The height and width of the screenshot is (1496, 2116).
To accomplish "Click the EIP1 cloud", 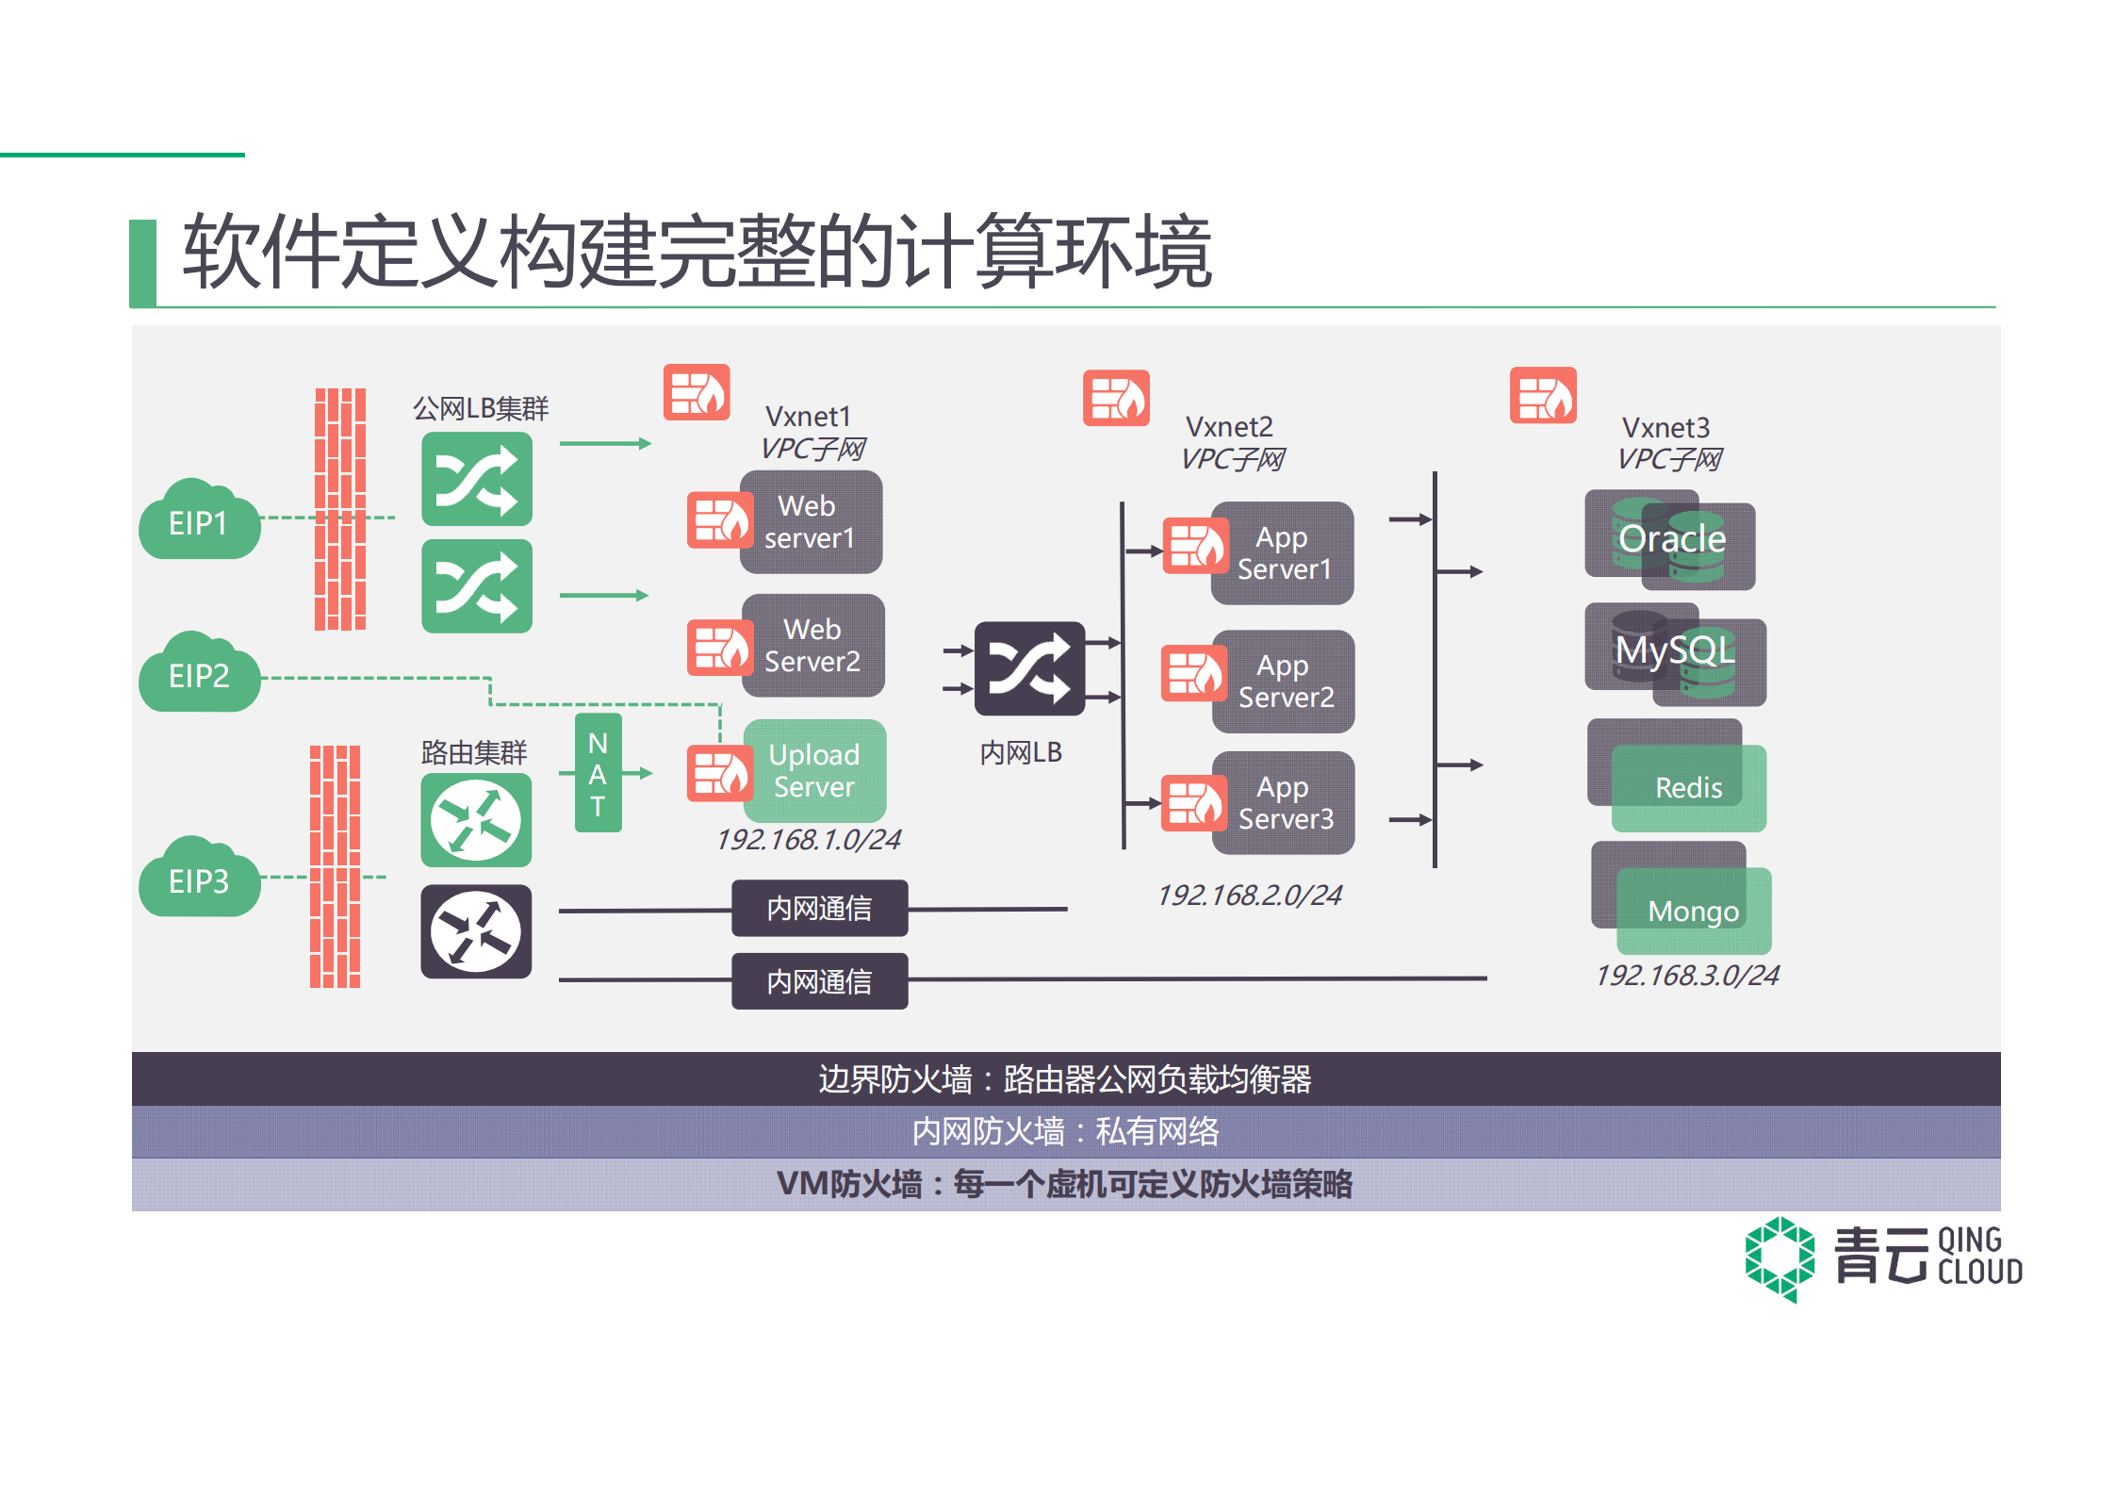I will [x=199, y=522].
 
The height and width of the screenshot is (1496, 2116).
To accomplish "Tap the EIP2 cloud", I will [x=199, y=675].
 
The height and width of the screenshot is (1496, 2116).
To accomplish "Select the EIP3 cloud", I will [x=199, y=880].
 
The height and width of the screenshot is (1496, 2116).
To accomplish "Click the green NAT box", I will [x=598, y=774].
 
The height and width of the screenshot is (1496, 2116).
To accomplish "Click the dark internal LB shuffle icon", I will [x=1029, y=668].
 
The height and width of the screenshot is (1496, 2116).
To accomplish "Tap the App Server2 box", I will [x=1285, y=682].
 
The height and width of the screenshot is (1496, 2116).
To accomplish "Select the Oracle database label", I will [x=1671, y=539].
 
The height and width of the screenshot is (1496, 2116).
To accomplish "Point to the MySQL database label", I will [x=1675, y=650].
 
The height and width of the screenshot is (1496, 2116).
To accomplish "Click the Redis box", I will [x=1688, y=788].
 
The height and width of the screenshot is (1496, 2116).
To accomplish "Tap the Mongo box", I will [x=1693, y=911].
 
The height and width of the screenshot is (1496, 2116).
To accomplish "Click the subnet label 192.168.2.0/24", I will [x=1249, y=895].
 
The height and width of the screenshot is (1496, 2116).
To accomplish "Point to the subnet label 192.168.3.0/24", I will [x=1686, y=975].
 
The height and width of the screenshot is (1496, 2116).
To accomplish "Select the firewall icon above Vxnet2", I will [x=1116, y=398].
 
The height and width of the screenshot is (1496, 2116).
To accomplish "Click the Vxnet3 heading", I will [x=1665, y=428].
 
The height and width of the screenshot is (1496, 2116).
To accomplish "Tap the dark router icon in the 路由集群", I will [x=476, y=931].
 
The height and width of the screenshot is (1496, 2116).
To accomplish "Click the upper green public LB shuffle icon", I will [x=477, y=479].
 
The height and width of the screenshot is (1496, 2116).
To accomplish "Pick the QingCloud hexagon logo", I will [x=1780, y=1259].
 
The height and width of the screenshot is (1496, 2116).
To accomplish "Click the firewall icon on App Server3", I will [x=1193, y=802].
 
